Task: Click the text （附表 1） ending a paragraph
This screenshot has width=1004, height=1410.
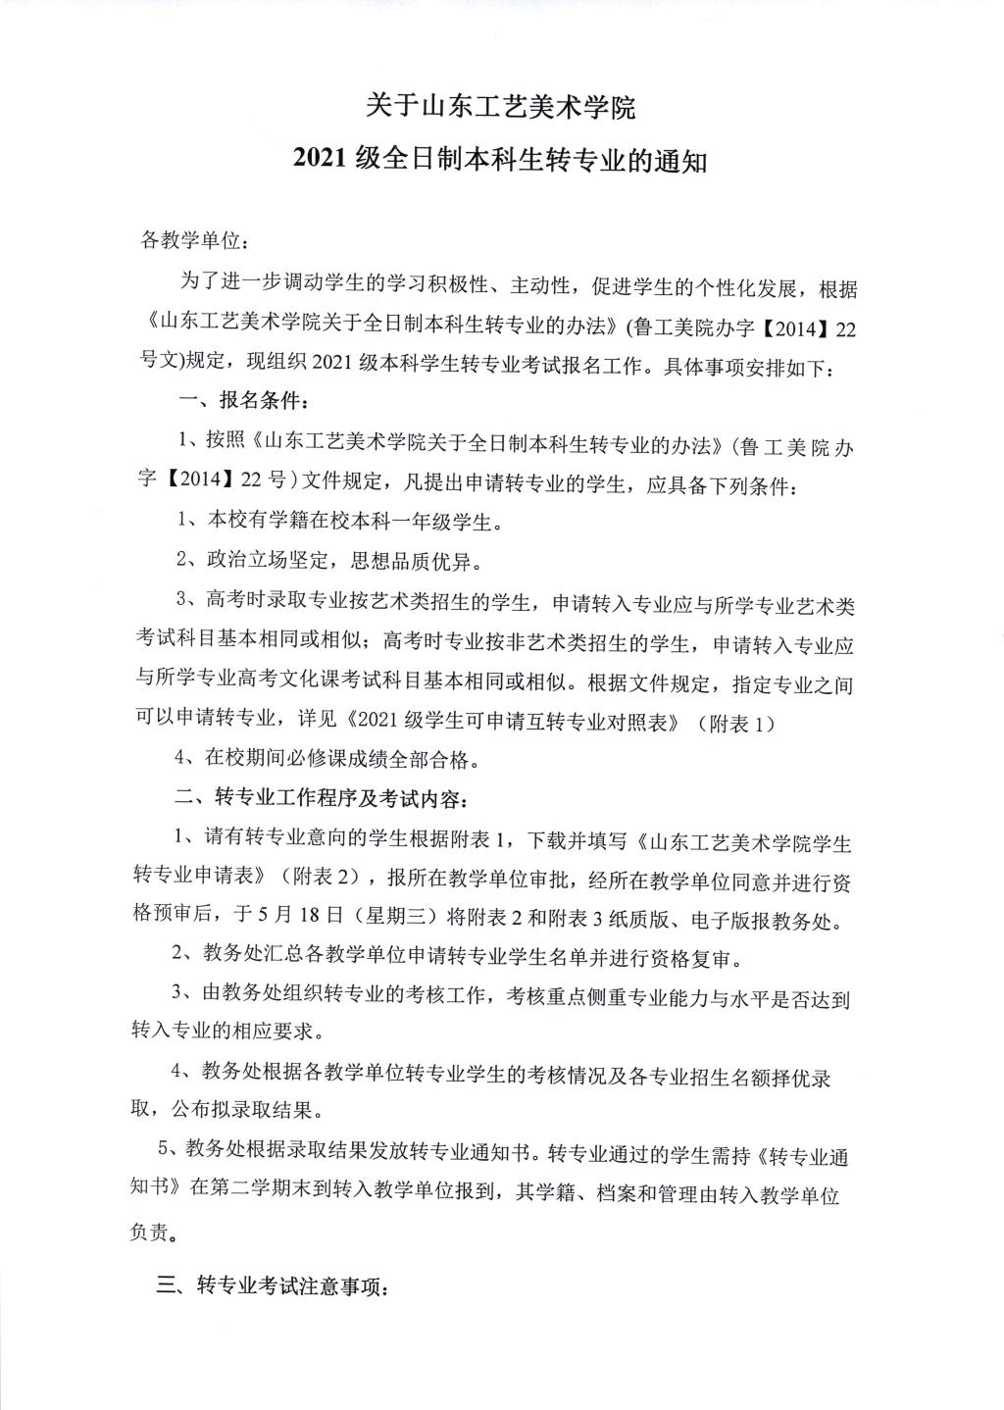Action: point(736,723)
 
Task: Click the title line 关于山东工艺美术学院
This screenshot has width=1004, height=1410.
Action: point(501,106)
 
